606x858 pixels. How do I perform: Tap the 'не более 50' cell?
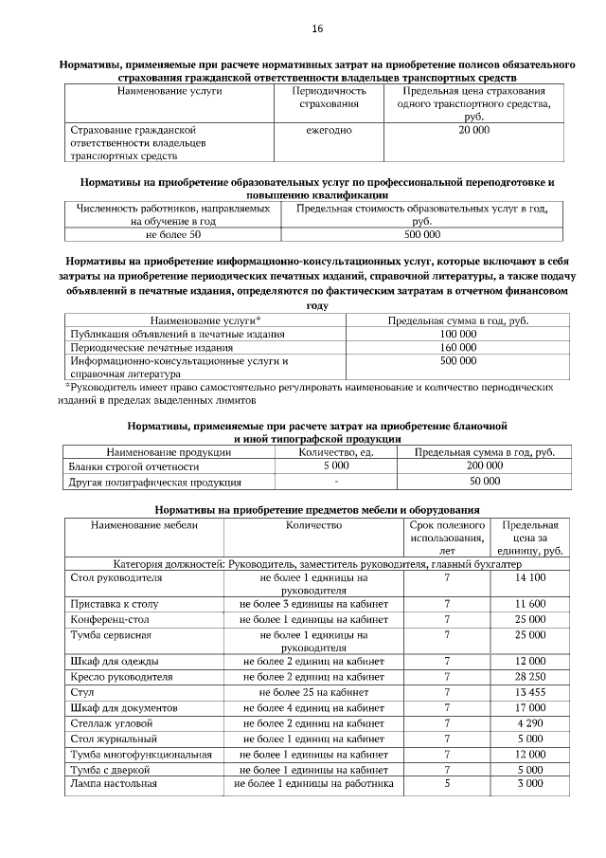(173, 233)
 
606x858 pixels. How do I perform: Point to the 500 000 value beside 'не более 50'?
(421, 233)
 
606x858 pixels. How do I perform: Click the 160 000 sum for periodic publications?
(458, 348)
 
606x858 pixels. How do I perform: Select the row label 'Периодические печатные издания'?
(140, 348)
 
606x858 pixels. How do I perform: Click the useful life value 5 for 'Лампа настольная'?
(447, 784)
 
